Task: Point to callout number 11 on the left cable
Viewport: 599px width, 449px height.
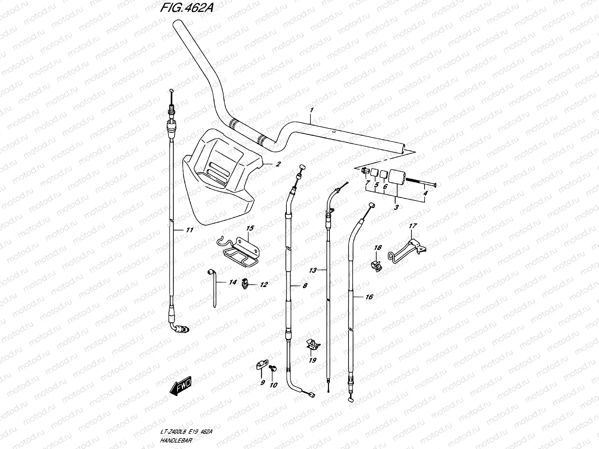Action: coord(189,230)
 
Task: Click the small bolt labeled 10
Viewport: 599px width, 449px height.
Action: coord(273,369)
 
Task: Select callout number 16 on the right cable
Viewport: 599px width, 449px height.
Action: coord(369,297)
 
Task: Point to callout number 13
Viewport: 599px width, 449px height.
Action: coord(313,270)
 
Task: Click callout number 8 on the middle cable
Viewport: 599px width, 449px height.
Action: coord(305,285)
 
